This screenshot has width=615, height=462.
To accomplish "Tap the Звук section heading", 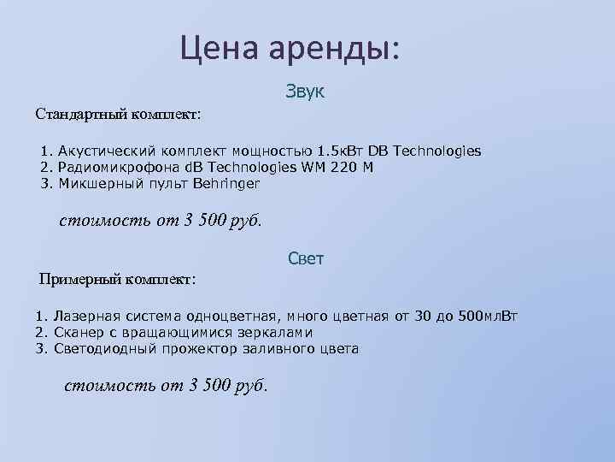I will coord(306,91).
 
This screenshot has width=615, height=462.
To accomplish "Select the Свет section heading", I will coord(306,258).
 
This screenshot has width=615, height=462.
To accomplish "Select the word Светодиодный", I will coord(101,348).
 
